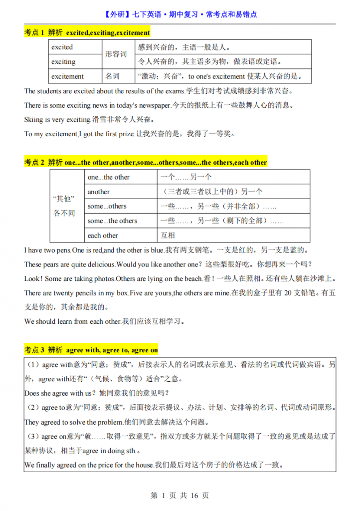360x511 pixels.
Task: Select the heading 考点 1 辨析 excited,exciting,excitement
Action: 87,32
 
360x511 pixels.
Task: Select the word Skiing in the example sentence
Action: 33,120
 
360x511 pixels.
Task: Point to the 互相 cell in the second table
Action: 168,235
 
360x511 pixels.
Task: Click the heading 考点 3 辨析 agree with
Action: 91,350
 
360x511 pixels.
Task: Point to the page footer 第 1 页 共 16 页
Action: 180,496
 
